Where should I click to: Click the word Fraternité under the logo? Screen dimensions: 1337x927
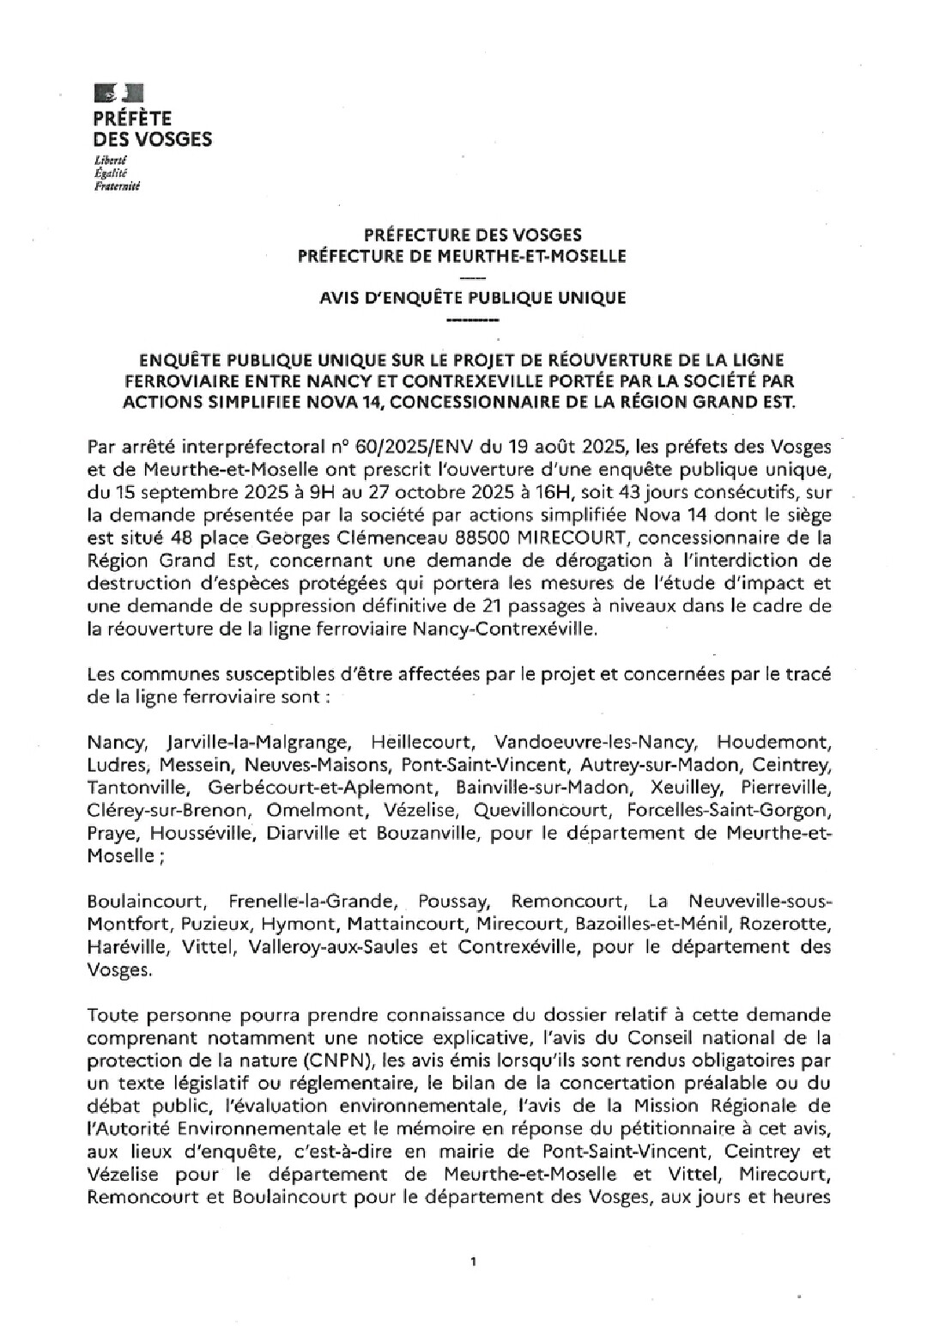pos(117,185)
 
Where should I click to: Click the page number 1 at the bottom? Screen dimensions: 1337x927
pos(473,1261)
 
